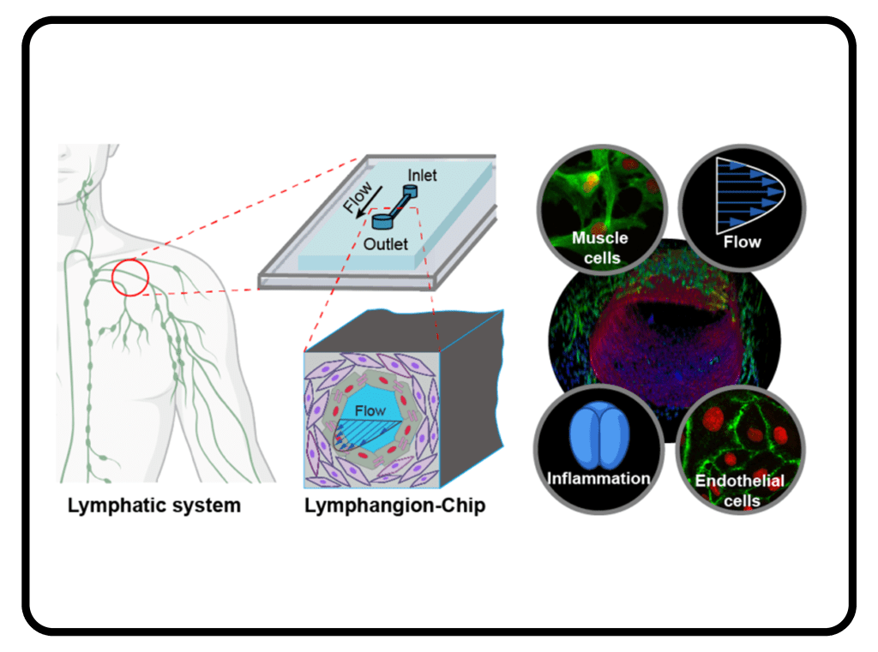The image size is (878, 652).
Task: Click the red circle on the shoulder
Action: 130,277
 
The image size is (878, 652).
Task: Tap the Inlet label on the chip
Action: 421,176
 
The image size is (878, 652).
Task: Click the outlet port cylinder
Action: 382,223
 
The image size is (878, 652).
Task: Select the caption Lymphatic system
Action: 154,505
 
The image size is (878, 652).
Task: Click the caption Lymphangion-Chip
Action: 394,505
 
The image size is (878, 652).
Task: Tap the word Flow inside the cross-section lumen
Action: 370,411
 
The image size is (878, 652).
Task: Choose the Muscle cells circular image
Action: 600,206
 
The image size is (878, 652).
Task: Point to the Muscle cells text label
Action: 600,247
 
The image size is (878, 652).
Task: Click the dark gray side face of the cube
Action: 472,403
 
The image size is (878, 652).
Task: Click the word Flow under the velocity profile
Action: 742,242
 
